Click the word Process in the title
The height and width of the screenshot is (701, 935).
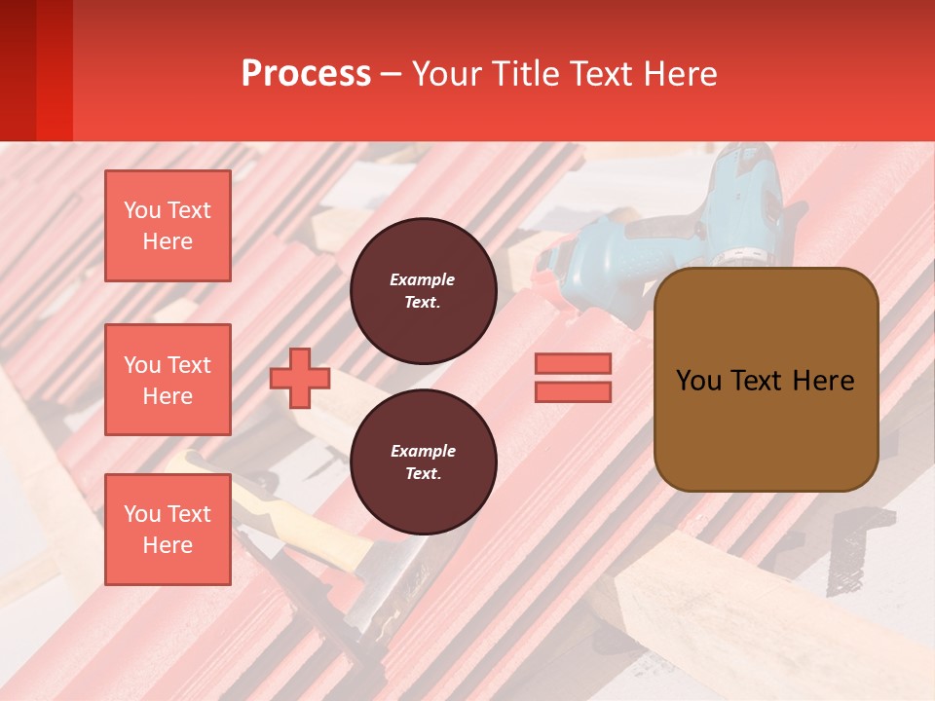click(x=306, y=74)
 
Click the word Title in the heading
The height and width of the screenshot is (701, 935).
click(x=527, y=74)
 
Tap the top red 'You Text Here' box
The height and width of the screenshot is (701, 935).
click(x=168, y=226)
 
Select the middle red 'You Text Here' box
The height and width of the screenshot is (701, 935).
click(x=168, y=380)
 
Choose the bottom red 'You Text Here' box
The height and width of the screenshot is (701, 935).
click(x=168, y=530)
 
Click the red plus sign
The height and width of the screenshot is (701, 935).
click(x=300, y=379)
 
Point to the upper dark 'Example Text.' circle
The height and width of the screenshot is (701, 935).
click(x=423, y=291)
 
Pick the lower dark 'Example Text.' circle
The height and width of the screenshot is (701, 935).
click(x=423, y=462)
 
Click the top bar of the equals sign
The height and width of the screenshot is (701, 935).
click(x=573, y=364)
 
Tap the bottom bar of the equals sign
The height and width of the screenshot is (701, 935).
click(x=573, y=391)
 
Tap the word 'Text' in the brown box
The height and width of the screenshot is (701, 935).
click(x=756, y=381)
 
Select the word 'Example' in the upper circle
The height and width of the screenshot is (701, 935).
click(x=423, y=279)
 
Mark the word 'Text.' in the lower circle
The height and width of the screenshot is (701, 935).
click(x=423, y=474)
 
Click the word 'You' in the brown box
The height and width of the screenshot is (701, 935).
click(x=698, y=381)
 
